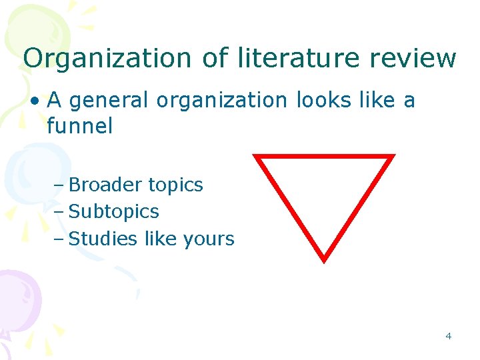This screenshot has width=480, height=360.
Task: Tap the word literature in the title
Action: (x=289, y=59)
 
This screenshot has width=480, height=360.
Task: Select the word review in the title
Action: (x=414, y=59)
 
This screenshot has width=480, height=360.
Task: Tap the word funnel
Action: (x=79, y=125)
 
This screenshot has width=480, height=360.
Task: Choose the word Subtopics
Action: (x=114, y=212)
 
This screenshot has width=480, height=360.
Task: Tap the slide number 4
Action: (x=448, y=336)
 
